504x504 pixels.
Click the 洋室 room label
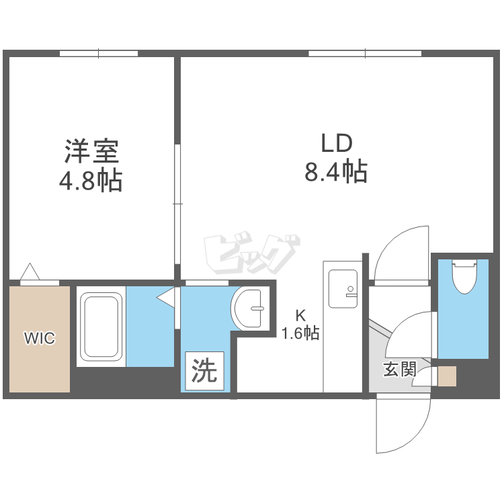[x=92, y=151]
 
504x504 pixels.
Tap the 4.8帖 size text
[x=91, y=181]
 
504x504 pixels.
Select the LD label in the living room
[x=337, y=143]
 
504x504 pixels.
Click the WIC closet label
[x=40, y=338]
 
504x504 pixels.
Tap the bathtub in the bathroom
[x=101, y=326]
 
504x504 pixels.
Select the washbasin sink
[x=249, y=308]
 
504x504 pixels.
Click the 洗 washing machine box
[x=204, y=370]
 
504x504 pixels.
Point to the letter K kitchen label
[x=300, y=316]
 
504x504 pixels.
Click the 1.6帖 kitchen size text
[x=300, y=333]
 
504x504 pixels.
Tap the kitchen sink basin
[x=343, y=288]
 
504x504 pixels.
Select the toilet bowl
[x=464, y=276]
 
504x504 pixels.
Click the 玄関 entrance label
[x=400, y=369]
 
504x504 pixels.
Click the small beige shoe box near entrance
[x=447, y=376]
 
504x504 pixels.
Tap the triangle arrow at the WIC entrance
[x=30, y=271]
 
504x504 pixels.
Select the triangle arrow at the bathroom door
[x=165, y=297]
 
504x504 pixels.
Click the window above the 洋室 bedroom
[x=99, y=53]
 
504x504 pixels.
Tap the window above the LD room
[x=365, y=53]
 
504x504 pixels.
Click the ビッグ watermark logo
[x=252, y=254]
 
